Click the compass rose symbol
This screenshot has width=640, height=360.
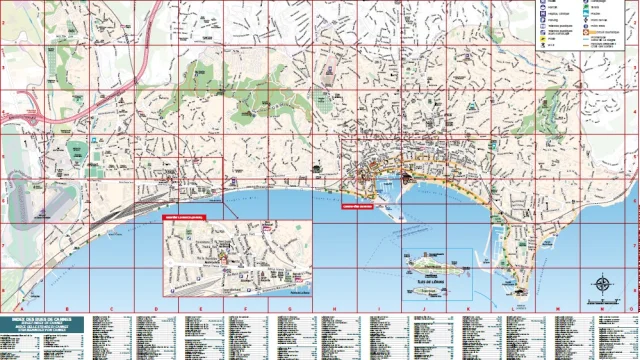(602, 284)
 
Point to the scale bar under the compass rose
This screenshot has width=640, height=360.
(602, 300)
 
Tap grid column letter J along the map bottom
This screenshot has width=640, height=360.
(421, 308)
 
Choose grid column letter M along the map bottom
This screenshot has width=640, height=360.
(555, 308)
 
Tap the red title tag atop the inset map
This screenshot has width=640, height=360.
(183, 215)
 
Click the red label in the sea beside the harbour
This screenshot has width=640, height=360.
(357, 208)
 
